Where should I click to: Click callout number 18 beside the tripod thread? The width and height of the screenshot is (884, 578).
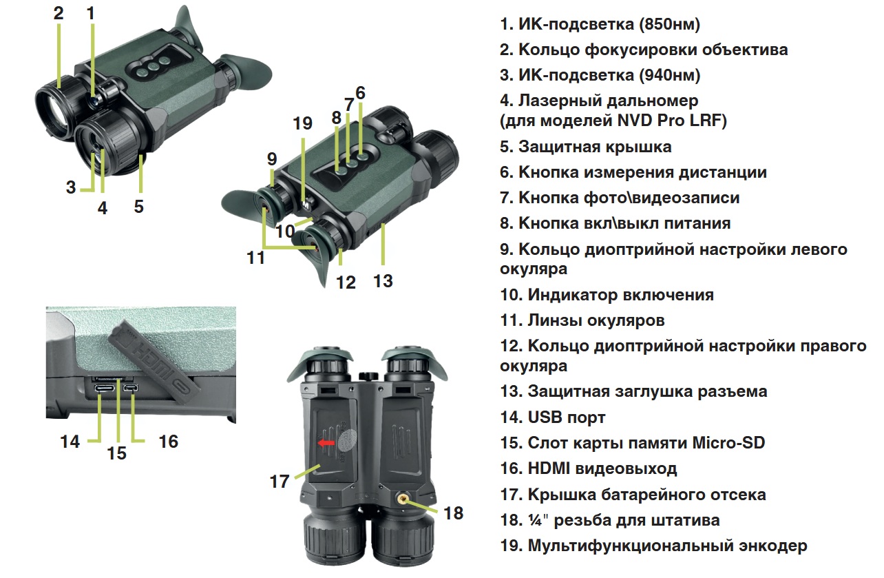(453, 513)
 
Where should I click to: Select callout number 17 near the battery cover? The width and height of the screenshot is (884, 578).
(280, 481)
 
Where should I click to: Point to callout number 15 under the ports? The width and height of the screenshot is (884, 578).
(117, 453)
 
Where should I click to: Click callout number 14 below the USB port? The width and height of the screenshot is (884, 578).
(70, 441)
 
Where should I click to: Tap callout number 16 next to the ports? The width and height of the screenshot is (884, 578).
(168, 441)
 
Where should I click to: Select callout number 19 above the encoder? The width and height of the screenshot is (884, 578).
(302, 124)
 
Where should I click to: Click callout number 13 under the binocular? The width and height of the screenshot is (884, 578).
(383, 280)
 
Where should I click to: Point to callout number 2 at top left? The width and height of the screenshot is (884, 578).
(58, 13)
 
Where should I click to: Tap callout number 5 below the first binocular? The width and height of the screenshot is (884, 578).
(139, 206)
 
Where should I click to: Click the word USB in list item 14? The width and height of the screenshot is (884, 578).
(547, 417)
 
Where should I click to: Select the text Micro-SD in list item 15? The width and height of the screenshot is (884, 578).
(729, 443)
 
